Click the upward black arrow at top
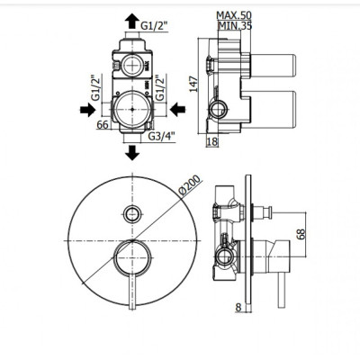click(132, 21)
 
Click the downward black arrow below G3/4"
click(132, 152)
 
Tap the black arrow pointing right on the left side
click(88, 110)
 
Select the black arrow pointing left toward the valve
click(177, 110)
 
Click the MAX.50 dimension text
click(234, 15)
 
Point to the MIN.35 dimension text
click(235, 26)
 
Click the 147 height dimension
click(194, 84)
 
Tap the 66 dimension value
click(103, 124)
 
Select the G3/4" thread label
click(161, 137)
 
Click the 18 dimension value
click(212, 141)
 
